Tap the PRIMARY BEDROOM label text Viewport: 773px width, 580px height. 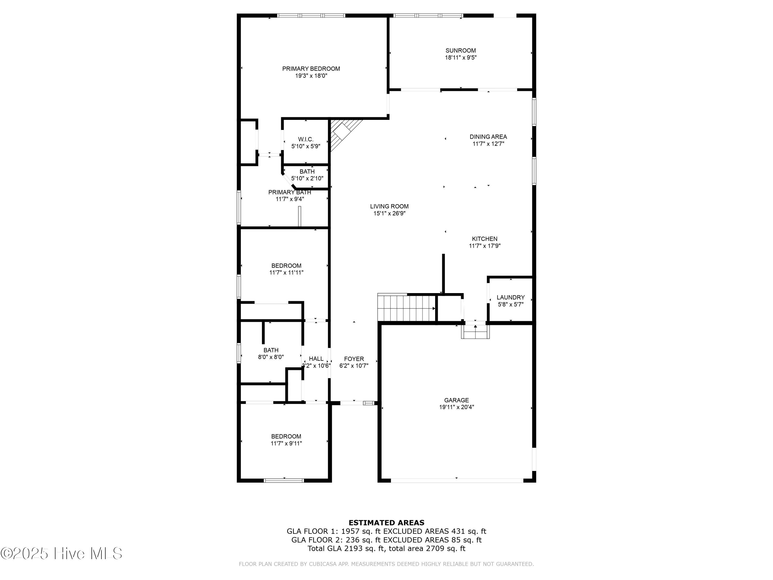(311, 69)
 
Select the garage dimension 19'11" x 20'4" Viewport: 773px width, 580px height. (456, 407)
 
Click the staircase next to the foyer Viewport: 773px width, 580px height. (406, 308)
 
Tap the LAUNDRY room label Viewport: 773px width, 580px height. (510, 297)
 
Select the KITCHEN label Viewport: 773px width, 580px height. (484, 239)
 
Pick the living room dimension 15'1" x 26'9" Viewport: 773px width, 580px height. (389, 213)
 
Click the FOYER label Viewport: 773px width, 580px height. (354, 359)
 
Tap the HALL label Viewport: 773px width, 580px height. (316, 359)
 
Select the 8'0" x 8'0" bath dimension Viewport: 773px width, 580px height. (271, 357)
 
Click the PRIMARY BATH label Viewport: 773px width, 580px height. (289, 192)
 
